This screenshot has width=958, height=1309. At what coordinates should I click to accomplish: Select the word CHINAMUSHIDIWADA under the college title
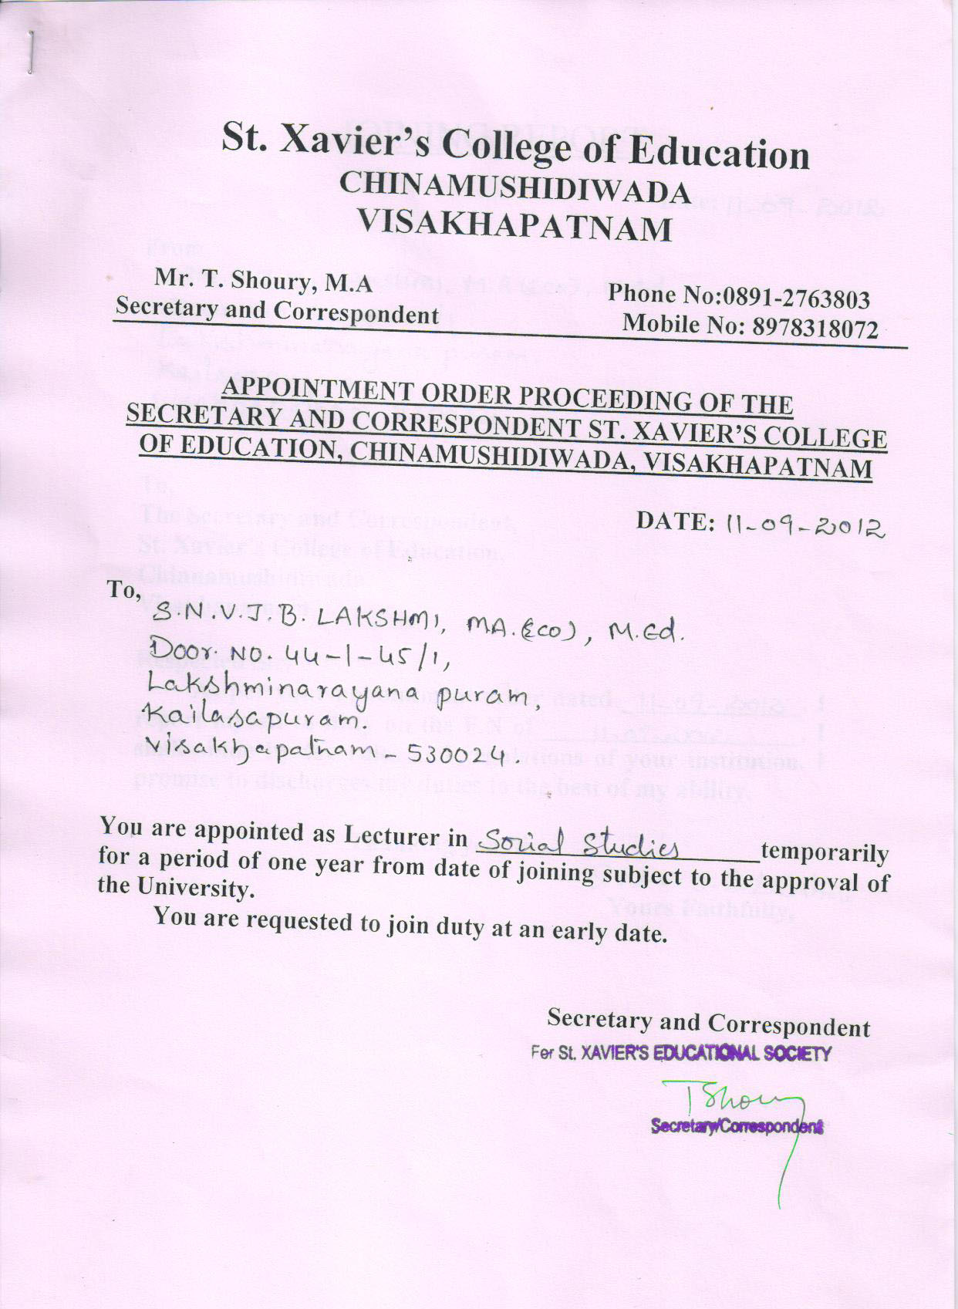(x=514, y=189)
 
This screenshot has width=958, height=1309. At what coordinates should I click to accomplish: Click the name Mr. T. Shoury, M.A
(x=264, y=281)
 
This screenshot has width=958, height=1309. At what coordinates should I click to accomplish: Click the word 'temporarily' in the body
(x=825, y=853)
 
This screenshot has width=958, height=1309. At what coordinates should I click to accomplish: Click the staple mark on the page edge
(x=30, y=52)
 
